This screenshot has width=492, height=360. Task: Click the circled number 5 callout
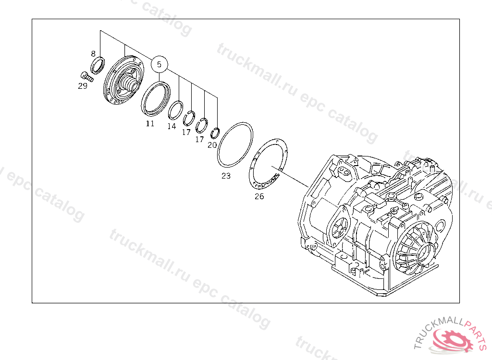pyautogui.click(x=159, y=64)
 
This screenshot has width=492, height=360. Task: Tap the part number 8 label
pyautogui.click(x=93, y=54)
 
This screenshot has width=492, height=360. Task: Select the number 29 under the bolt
pyautogui.click(x=83, y=86)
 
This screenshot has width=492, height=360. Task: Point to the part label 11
pyautogui.click(x=150, y=123)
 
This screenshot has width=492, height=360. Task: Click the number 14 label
pyautogui.click(x=172, y=126)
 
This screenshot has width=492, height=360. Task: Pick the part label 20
pyautogui.click(x=212, y=145)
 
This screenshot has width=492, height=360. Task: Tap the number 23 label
pyautogui.click(x=226, y=176)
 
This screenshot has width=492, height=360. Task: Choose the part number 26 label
pyautogui.click(x=259, y=197)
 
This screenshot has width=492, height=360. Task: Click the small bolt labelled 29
pyautogui.click(x=86, y=76)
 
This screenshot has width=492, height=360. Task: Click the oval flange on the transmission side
pyautogui.click(x=338, y=225)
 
